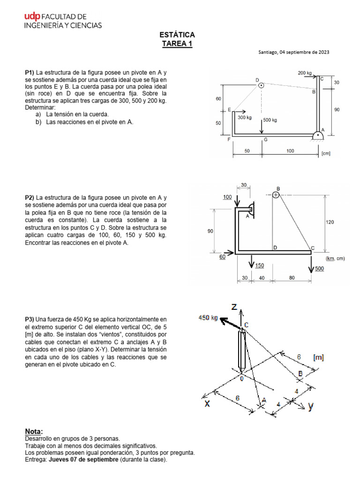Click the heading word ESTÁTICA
[x=177, y=35]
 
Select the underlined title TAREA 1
[x=177, y=44]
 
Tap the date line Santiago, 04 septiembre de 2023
[x=293, y=52]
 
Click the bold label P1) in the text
[x=30, y=73]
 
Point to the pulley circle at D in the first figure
[x=262, y=85]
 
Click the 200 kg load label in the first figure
[x=305, y=73]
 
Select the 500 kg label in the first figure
[x=270, y=120]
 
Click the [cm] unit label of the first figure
[x=326, y=152]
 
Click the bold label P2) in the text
[x=30, y=198]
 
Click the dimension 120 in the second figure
[x=330, y=222]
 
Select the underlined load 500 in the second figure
[x=319, y=269]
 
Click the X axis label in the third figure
[x=207, y=404]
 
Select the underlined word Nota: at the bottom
[x=33, y=431]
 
